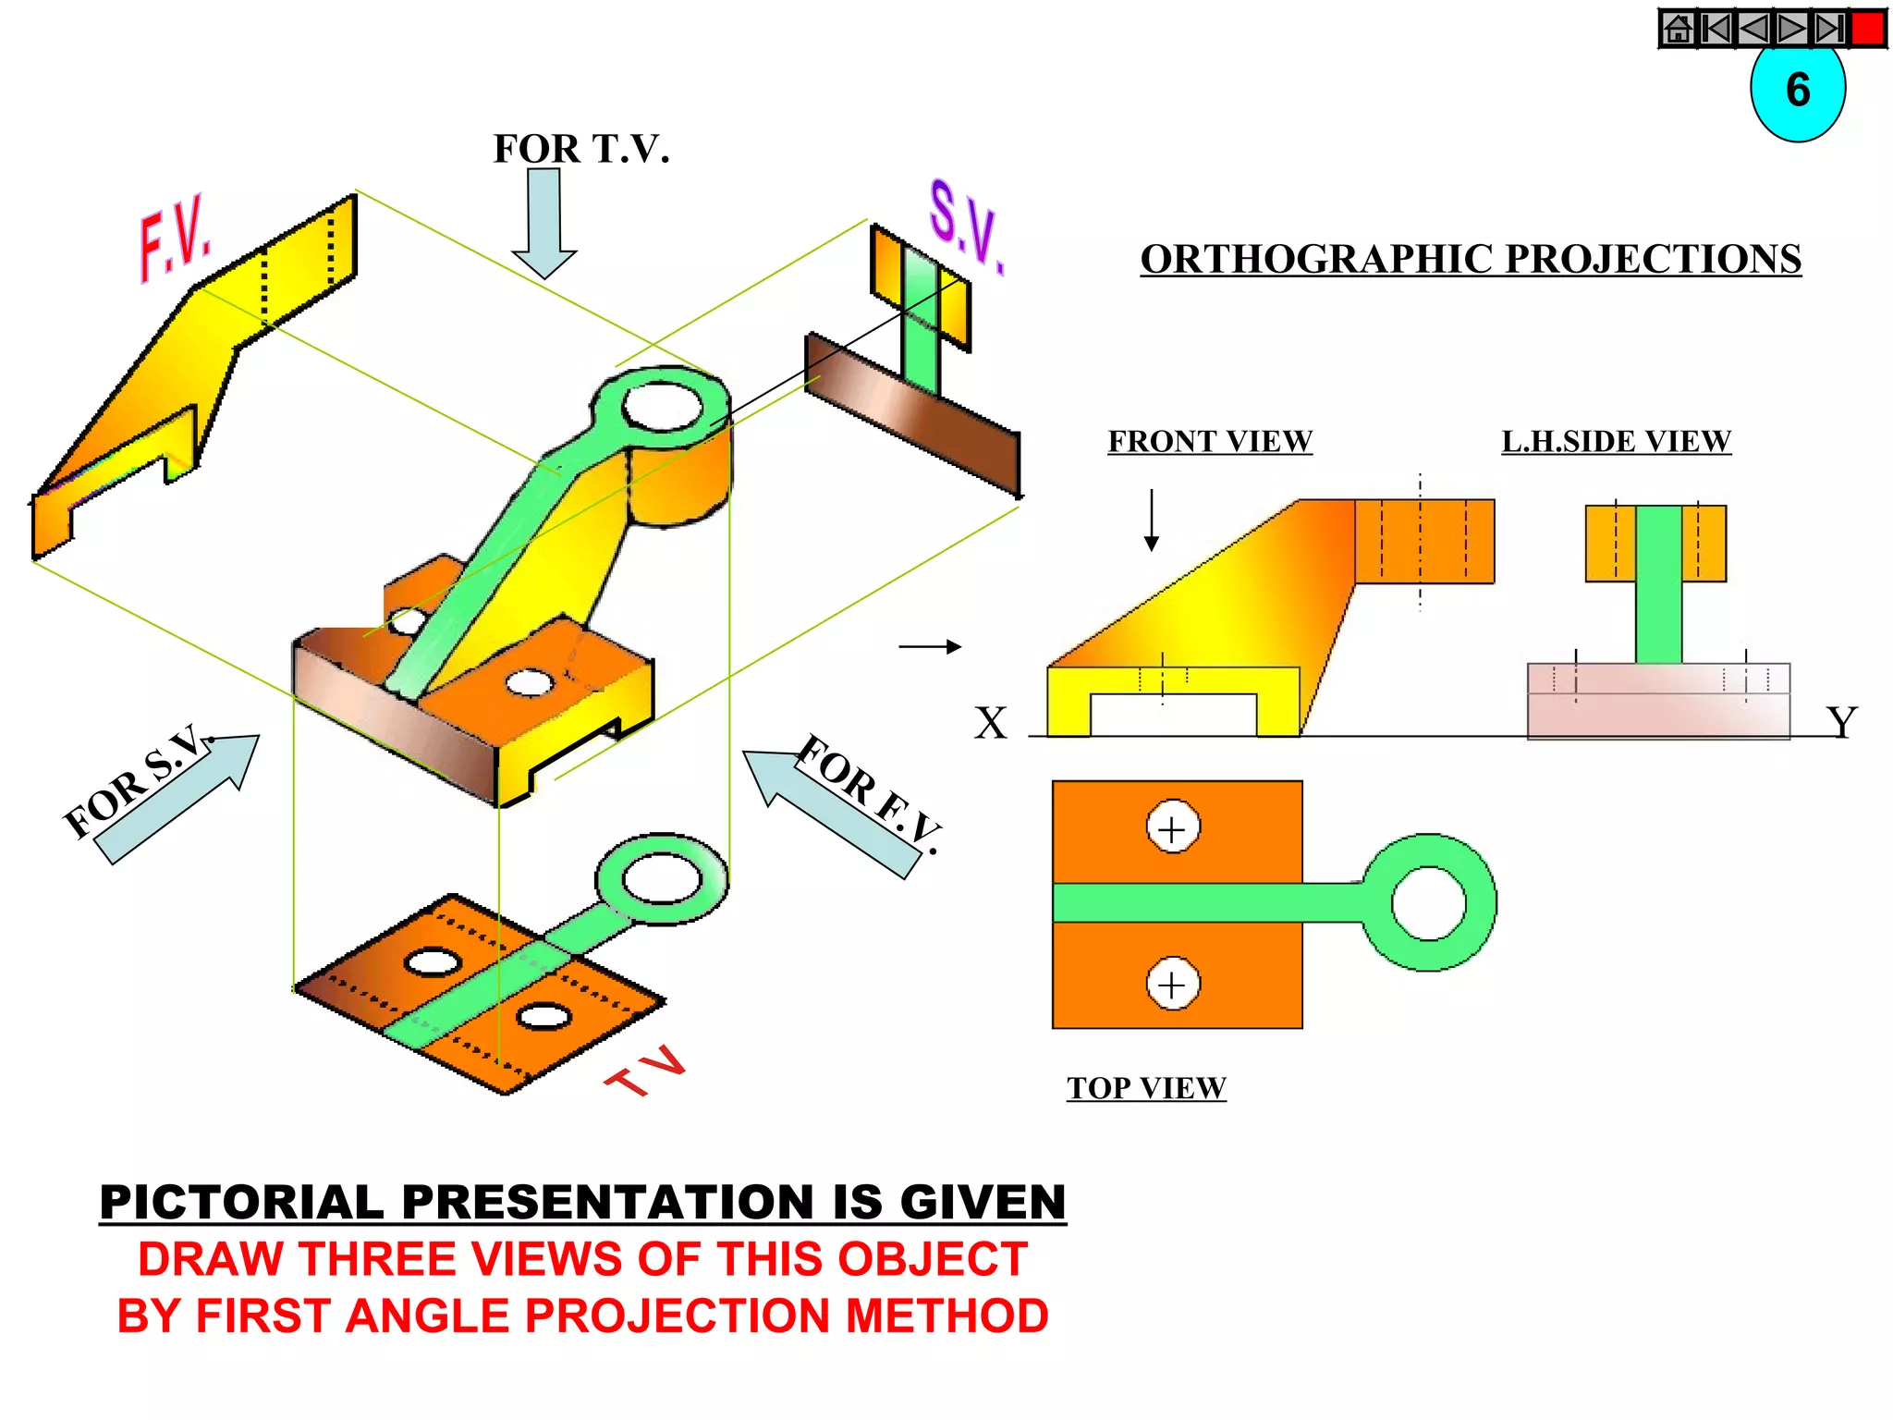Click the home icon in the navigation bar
point(1678,29)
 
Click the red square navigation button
point(1868,29)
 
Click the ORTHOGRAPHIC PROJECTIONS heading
point(1470,259)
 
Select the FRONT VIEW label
point(1209,441)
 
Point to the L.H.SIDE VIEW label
point(1616,441)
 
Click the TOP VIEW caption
point(1146,1087)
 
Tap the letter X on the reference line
point(990,723)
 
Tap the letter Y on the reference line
point(1841,723)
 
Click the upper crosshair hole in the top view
point(1172,828)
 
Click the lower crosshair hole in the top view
point(1172,985)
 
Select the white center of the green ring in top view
point(1428,903)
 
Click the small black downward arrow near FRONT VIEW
point(1151,520)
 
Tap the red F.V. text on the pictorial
point(176,237)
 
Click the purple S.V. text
point(965,226)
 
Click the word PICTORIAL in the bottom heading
point(241,1202)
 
